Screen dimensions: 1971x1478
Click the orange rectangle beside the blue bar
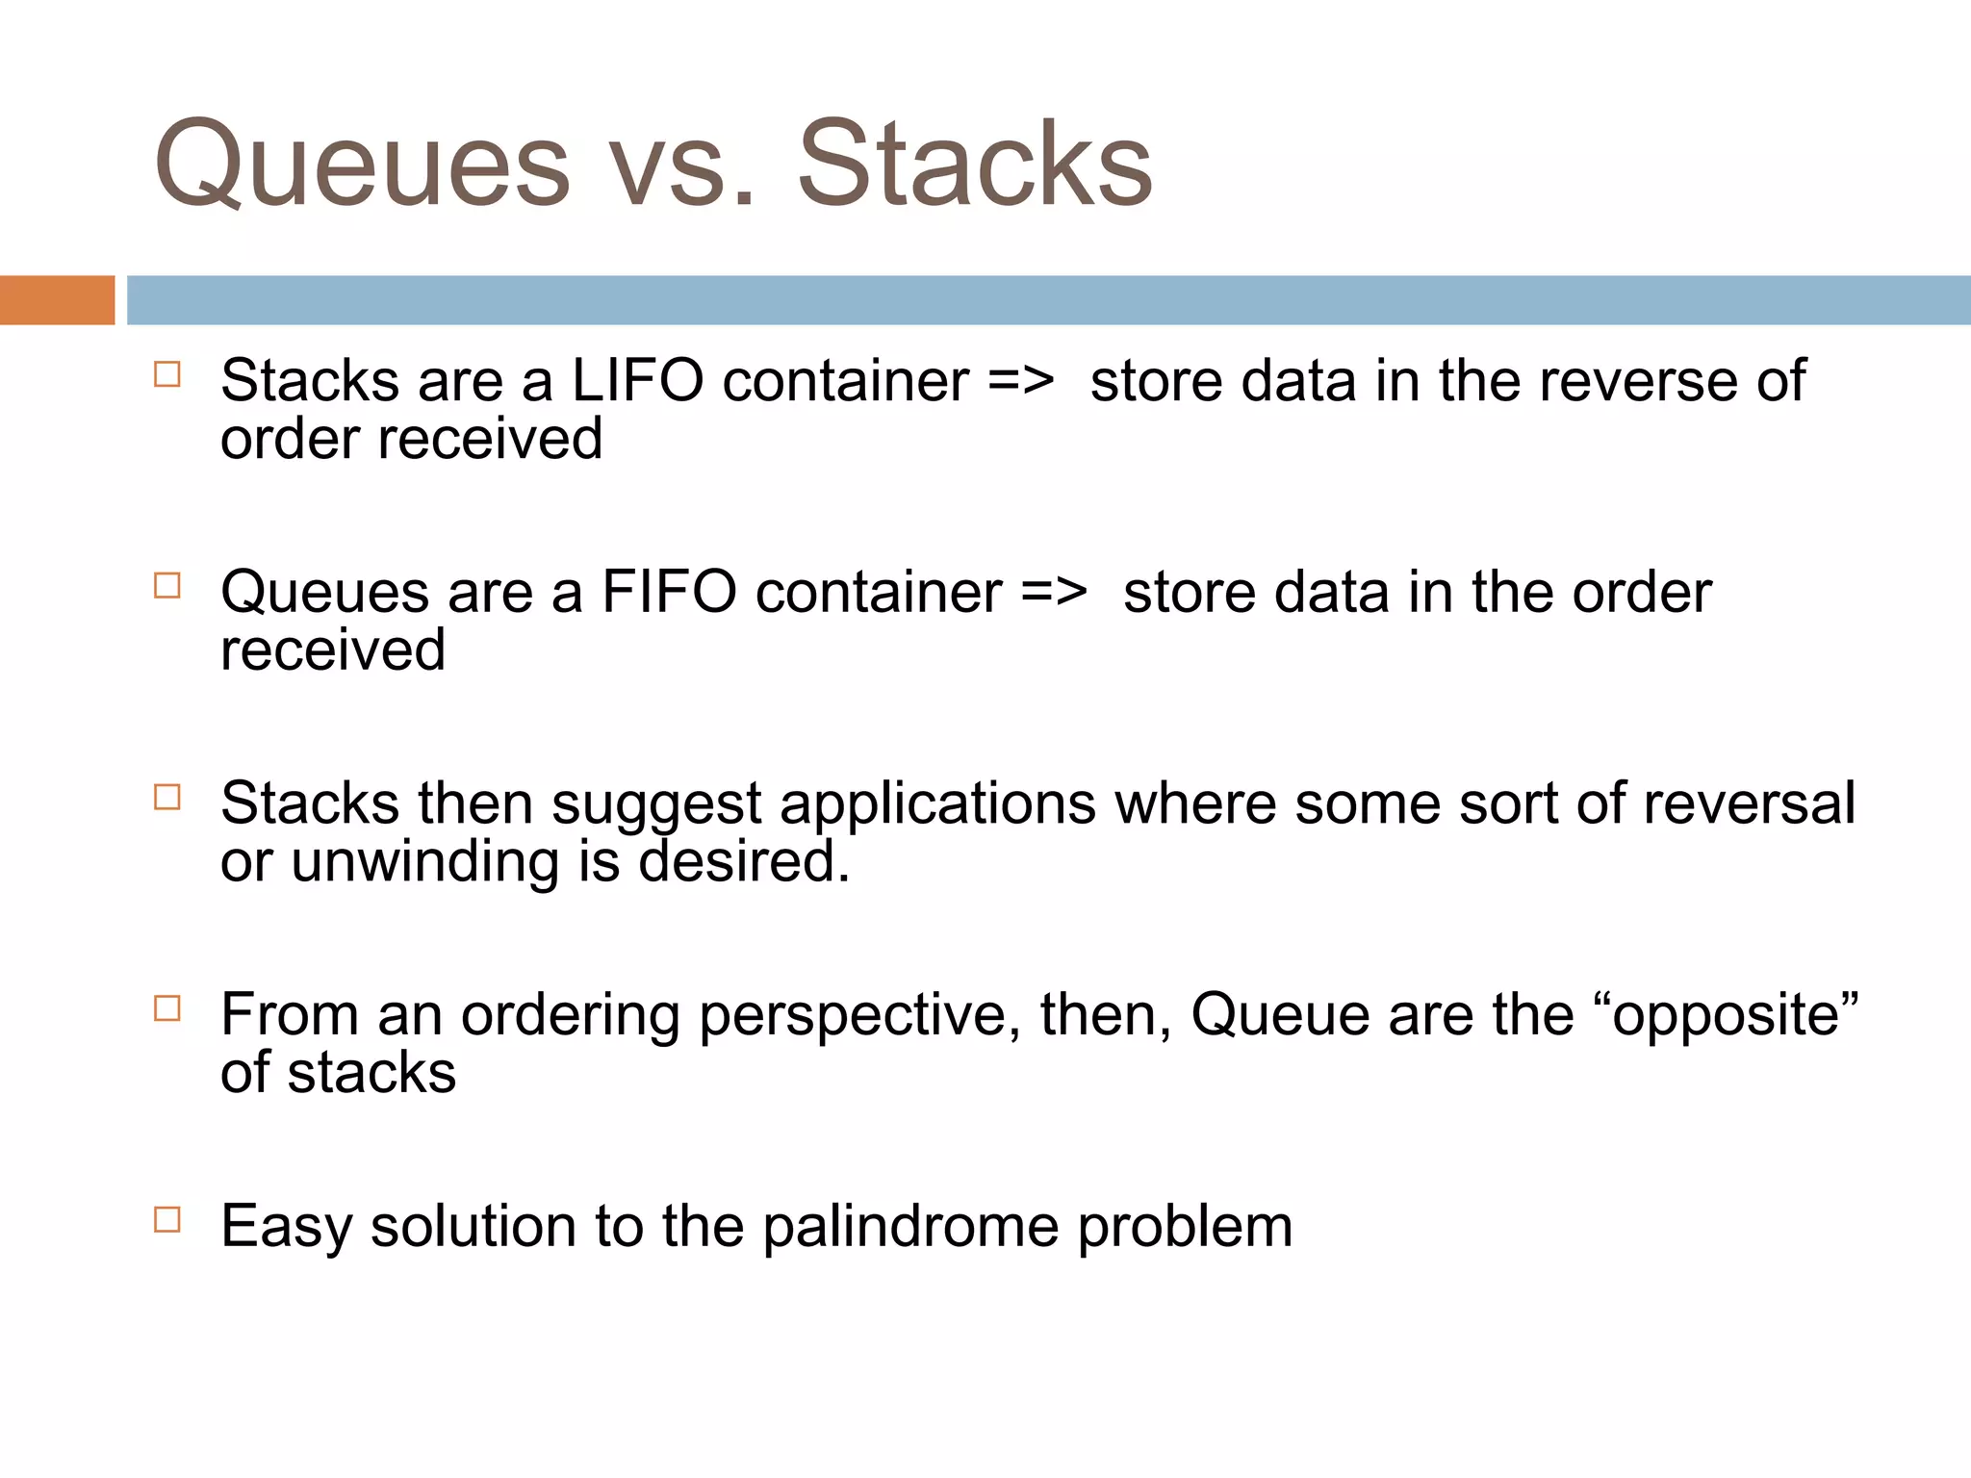57,300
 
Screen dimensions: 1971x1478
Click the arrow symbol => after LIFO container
1021,381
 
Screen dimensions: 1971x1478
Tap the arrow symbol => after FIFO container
1054,592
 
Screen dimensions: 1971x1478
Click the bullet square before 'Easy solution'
167,1220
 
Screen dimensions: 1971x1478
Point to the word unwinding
424,861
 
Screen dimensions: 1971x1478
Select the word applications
937,804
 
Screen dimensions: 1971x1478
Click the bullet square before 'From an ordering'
167,1008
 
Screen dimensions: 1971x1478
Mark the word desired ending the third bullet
743,861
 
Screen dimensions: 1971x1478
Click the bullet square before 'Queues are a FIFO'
167,586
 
